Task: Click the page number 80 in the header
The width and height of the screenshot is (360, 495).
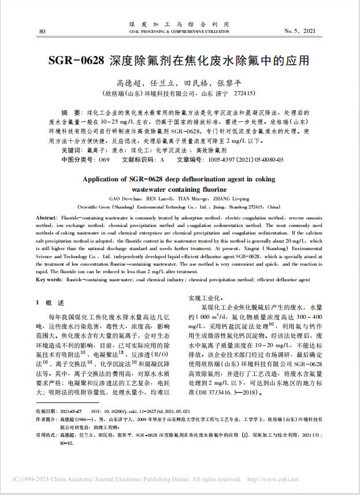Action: [42, 31]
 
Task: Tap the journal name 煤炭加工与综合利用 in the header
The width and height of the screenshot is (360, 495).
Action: [179, 24]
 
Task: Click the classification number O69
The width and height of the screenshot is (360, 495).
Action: [104, 158]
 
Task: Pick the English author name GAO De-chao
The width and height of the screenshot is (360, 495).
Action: [125, 198]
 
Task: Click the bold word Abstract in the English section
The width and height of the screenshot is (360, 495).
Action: [49, 214]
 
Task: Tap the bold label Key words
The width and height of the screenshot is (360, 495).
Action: [50, 280]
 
